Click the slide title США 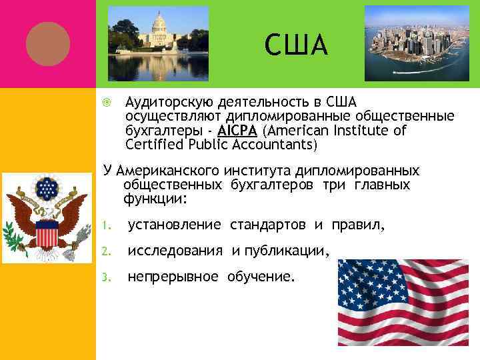(x=296, y=45)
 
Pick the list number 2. (x=107, y=251)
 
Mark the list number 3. (x=107, y=276)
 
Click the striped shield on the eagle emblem (x=46, y=235)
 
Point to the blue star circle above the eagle (x=47, y=189)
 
